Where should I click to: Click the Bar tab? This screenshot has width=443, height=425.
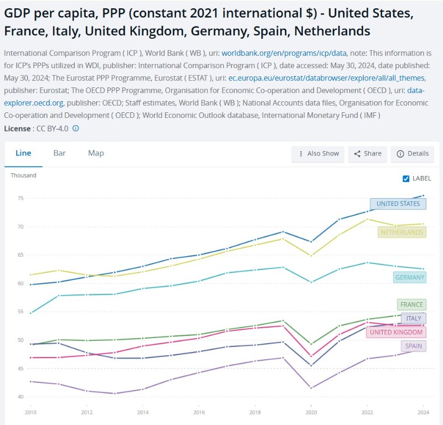pos(59,153)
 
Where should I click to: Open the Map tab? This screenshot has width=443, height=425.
pos(96,153)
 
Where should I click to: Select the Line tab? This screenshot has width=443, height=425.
pos(23,153)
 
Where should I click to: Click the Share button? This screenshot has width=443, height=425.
pos(368,154)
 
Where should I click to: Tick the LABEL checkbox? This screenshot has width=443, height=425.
pos(406,178)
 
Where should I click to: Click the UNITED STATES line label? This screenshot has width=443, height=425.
pos(398,204)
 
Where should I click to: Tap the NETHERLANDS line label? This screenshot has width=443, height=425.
pos(401,232)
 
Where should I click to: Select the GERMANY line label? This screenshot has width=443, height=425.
pos(410,277)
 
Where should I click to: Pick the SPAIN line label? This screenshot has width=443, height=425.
pos(414,346)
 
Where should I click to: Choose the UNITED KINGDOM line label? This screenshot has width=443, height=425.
pos(396,332)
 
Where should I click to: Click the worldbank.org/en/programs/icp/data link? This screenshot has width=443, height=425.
pos(284,53)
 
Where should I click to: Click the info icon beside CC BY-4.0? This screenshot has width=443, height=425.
pos(76,128)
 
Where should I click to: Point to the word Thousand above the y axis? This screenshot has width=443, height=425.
pos(23,175)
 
